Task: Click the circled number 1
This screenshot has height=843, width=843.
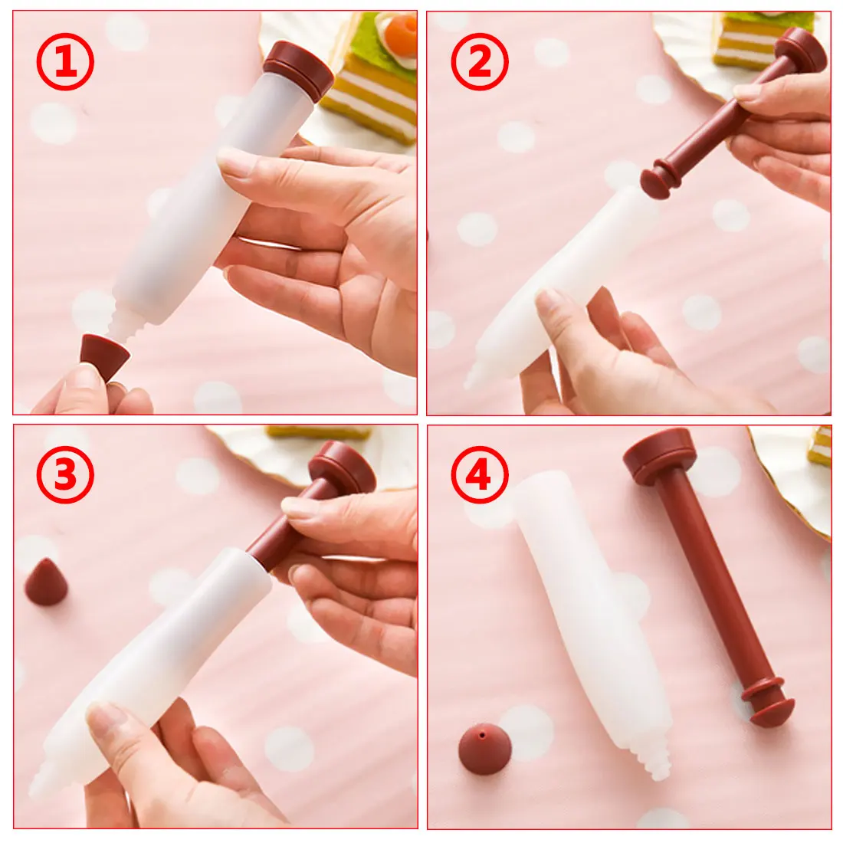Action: pyautogui.click(x=65, y=61)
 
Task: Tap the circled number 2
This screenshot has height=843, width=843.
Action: pyautogui.click(x=480, y=61)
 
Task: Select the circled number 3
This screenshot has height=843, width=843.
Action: pyautogui.click(x=65, y=474)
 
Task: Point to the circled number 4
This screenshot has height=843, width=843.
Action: pyautogui.click(x=480, y=474)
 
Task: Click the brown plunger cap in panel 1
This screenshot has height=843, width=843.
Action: pyautogui.click(x=299, y=67)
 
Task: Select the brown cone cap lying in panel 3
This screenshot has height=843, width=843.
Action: pyautogui.click(x=46, y=582)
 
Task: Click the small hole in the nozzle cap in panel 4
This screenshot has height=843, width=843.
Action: pyautogui.click(x=482, y=734)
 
